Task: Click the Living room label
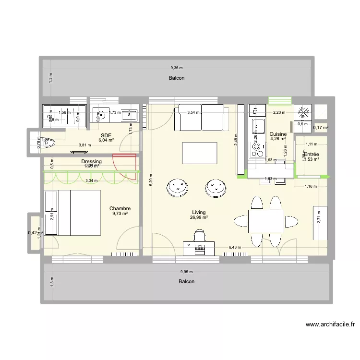tap(199, 212)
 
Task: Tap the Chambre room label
tap(120, 208)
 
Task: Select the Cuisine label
tap(278, 134)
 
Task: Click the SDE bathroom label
tap(106, 135)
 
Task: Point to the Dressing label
tap(91, 162)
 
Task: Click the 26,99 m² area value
tap(199, 217)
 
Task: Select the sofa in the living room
tap(201, 118)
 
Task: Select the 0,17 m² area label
tap(321, 128)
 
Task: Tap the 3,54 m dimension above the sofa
tap(193, 112)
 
